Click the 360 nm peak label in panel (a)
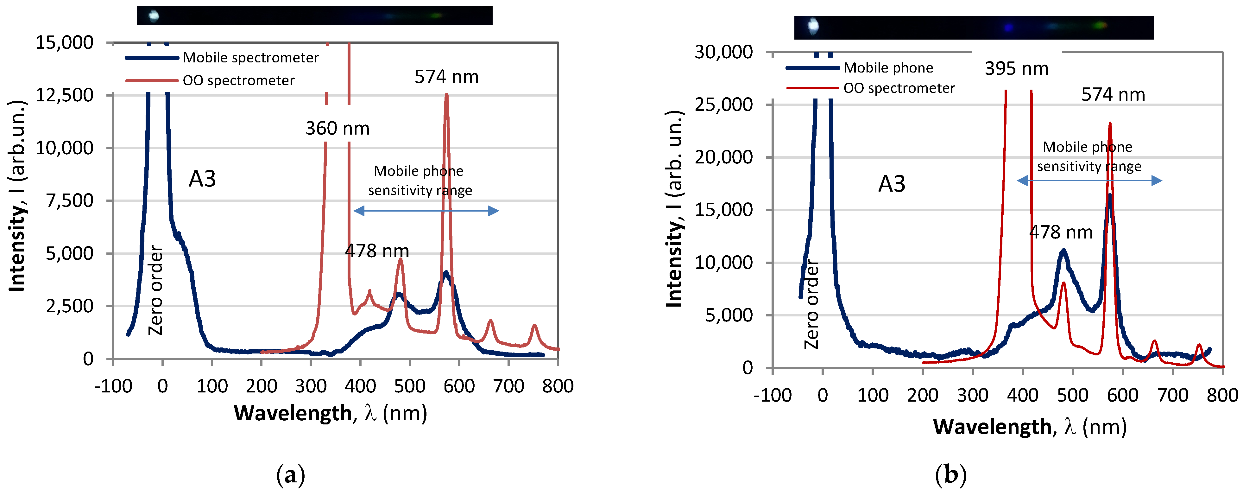tap(337, 128)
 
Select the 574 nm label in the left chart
tap(446, 77)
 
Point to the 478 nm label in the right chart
tap(1061, 232)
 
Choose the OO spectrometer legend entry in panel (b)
tap(899, 88)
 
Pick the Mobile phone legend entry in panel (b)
tap(888, 67)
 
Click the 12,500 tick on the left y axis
tap(65, 95)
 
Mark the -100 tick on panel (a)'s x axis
tap(113, 386)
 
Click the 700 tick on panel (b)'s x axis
tap(1172, 396)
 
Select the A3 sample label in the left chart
tap(202, 179)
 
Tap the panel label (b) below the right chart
tap(950, 475)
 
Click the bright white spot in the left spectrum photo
tap(154, 16)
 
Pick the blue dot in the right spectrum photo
tap(1008, 28)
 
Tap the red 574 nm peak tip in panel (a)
tap(446, 95)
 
